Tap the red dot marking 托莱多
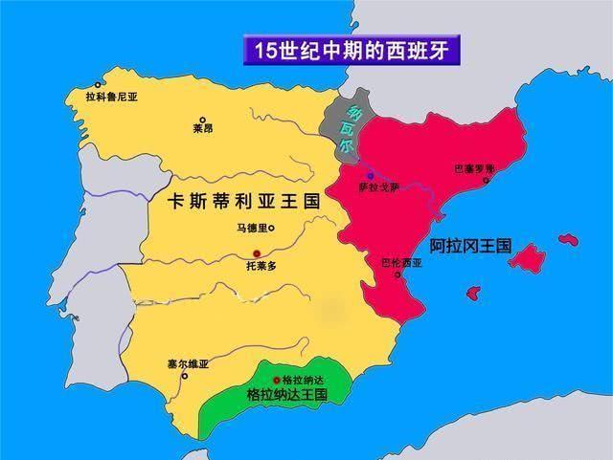pyautogui.click(x=256, y=252)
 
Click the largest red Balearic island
pyautogui.click(x=527, y=257)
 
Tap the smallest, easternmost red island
pyautogui.click(x=569, y=239)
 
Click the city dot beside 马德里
pyautogui.click(x=271, y=228)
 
